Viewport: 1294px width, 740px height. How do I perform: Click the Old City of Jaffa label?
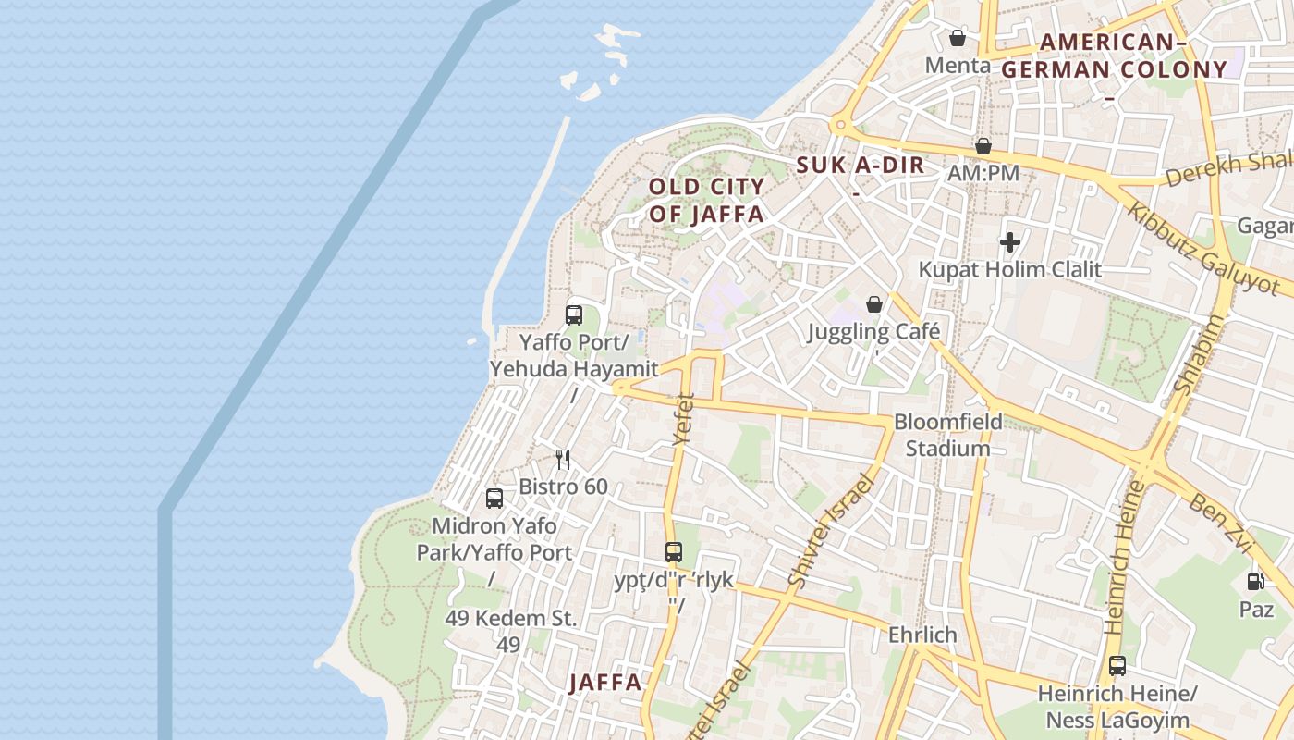tap(706, 201)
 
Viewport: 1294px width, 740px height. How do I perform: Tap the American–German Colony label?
tap(1115, 55)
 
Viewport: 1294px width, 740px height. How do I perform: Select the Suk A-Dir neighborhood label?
tap(860, 166)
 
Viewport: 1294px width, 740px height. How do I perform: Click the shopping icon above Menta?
tap(958, 38)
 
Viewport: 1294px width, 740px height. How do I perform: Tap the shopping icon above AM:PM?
tap(983, 146)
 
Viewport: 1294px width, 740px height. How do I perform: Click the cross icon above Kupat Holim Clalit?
tap(1009, 243)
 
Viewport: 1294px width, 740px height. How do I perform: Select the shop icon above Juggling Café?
tap(873, 304)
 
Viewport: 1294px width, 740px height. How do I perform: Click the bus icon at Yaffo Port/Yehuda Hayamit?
tap(574, 315)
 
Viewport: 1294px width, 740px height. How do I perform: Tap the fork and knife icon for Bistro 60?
tap(563, 459)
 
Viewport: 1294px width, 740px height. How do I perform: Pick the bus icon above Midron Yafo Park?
tap(494, 499)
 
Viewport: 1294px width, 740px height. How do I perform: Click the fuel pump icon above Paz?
tap(1256, 582)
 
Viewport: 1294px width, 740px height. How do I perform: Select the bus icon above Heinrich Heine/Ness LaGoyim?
tap(1117, 665)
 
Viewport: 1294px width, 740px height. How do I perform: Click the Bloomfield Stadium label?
tap(947, 436)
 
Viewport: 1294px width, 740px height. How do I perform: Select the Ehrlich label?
tap(922, 635)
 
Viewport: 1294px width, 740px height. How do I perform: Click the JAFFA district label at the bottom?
tap(604, 683)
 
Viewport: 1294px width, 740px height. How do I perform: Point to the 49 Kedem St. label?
tap(510, 619)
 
